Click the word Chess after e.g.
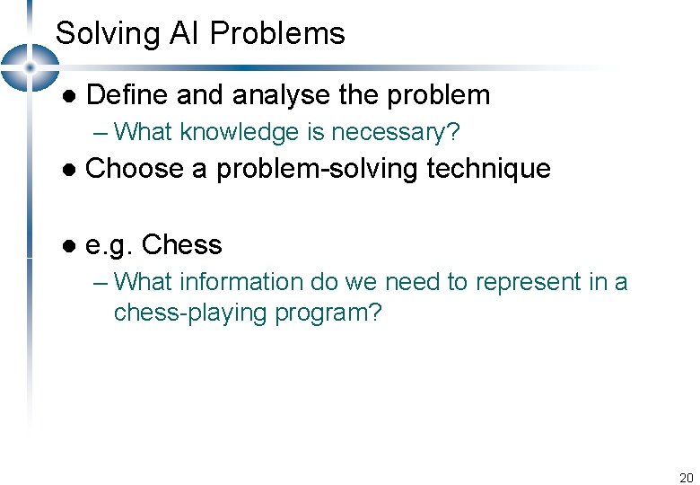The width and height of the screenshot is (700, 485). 182,244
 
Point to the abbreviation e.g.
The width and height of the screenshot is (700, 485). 108,245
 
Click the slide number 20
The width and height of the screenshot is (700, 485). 687,477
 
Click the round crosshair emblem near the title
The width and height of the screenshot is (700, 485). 30,67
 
